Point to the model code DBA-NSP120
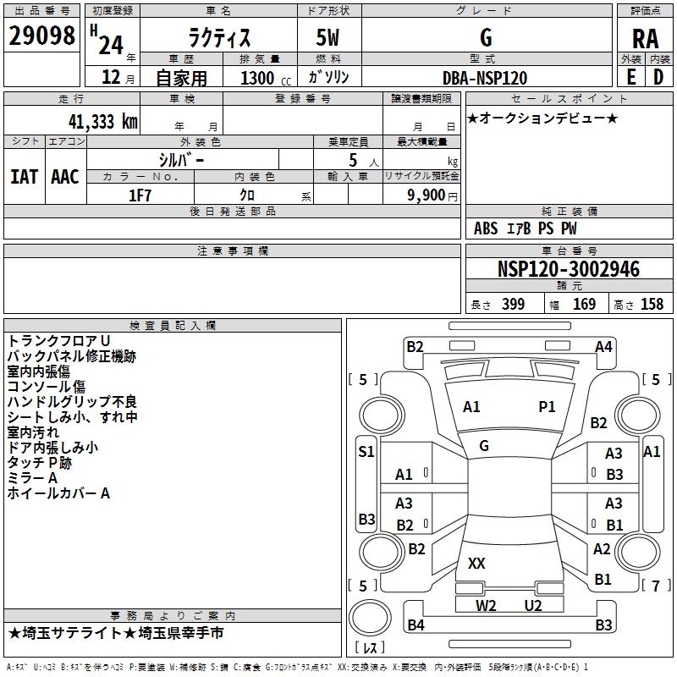coord(484,78)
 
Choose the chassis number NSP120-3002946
coord(569,270)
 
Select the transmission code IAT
coord(24,177)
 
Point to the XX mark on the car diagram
coord(476,563)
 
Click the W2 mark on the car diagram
coord(486,605)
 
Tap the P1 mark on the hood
coord(548,407)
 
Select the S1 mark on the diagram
coord(366,451)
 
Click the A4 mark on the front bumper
coord(603,346)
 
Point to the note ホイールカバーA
coord(58,493)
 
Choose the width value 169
coord(584,305)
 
